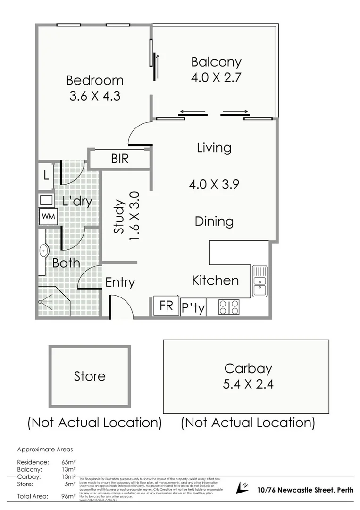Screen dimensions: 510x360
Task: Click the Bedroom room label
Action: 94,80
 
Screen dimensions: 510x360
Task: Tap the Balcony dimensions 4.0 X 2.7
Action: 216,77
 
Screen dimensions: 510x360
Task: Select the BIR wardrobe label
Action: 120,159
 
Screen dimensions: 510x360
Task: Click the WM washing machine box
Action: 47,216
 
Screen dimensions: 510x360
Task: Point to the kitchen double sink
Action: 260,281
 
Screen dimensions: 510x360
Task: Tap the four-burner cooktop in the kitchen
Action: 229,307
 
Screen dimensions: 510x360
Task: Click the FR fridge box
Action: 166,306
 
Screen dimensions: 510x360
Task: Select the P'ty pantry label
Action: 193,308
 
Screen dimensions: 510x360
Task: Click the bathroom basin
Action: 44,251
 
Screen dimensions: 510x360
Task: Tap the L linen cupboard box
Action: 46,176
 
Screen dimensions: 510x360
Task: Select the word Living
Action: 214,148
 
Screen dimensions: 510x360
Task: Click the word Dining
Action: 214,221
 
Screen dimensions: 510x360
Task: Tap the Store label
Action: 90,376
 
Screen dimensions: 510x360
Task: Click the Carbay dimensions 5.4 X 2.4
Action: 248,384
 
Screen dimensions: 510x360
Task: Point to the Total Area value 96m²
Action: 69,496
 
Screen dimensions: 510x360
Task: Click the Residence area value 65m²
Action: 69,462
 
